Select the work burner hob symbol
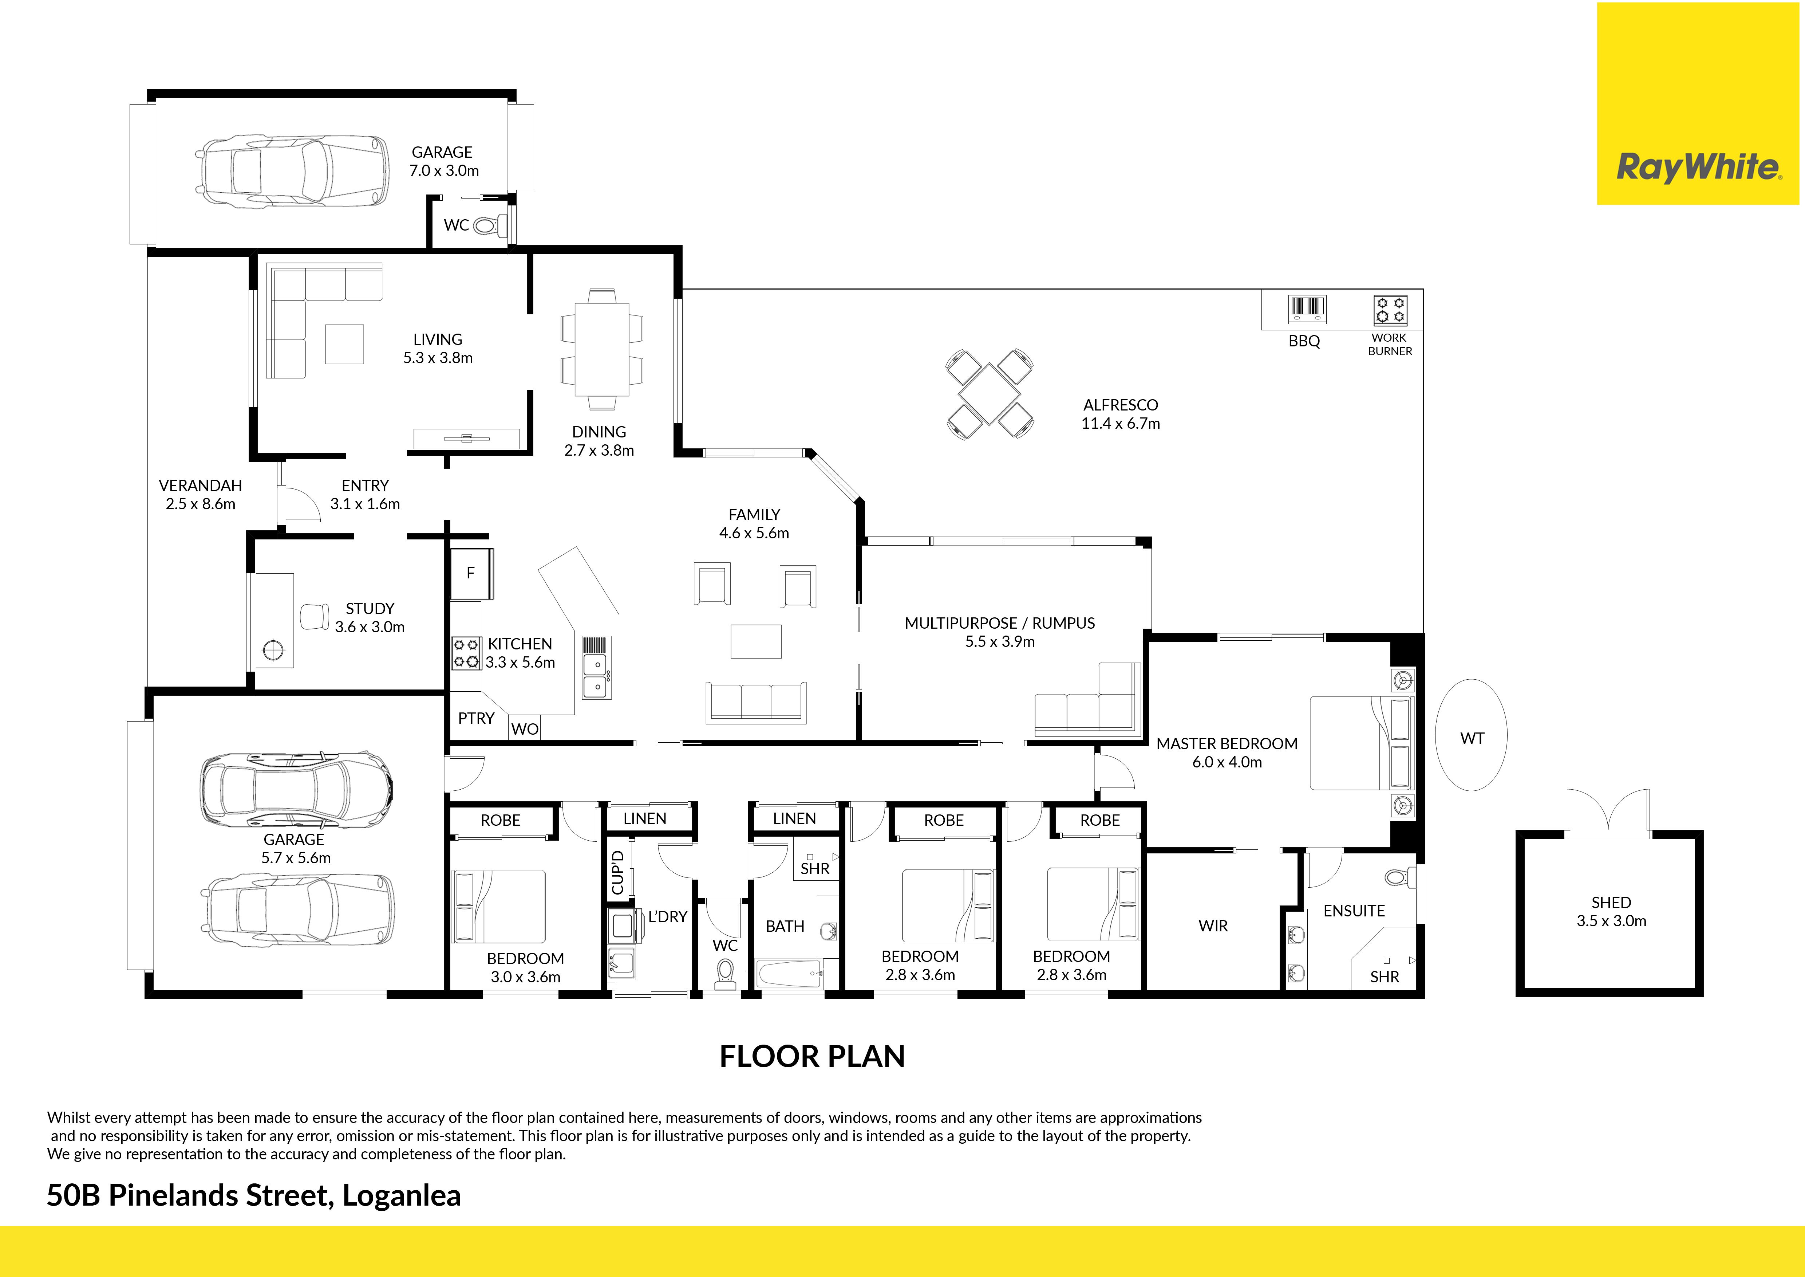(x=1390, y=310)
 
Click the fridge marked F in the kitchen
(x=471, y=573)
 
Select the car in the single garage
(x=292, y=170)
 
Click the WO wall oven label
(x=525, y=729)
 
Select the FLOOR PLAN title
(x=812, y=1056)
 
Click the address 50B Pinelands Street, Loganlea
(x=254, y=1196)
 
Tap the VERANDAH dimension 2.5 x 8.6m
(x=201, y=504)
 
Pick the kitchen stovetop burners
(x=465, y=653)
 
